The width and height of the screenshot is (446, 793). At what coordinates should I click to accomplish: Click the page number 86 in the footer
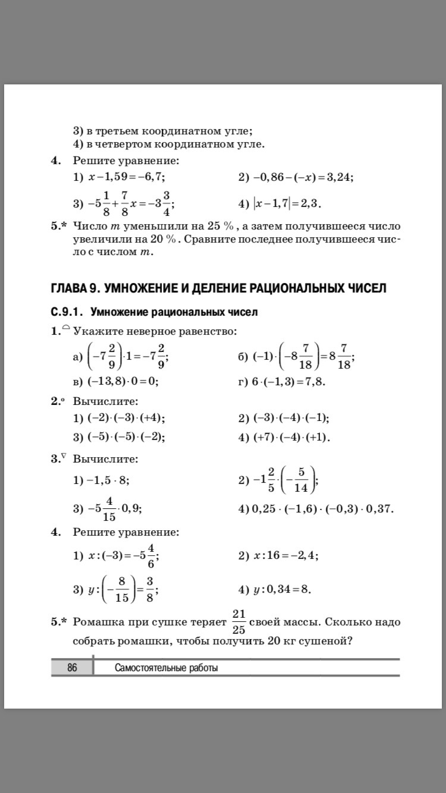point(72,668)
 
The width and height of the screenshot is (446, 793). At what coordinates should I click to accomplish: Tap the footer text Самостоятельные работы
point(166,668)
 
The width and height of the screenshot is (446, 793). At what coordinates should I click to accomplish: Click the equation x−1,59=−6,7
point(126,177)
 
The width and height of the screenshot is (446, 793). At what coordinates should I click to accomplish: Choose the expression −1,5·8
point(108,480)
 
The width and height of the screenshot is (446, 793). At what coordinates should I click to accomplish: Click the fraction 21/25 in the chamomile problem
point(238,622)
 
